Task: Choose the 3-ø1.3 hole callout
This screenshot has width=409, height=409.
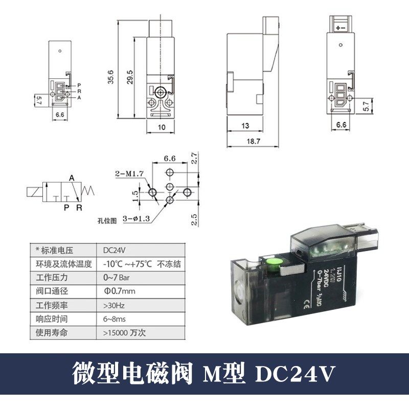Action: [137, 219]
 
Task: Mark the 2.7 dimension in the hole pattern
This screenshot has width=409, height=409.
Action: [193, 158]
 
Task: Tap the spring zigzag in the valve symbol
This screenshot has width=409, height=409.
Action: [89, 193]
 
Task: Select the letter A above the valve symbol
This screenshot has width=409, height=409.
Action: [72, 178]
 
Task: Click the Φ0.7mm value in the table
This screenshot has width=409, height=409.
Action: [120, 291]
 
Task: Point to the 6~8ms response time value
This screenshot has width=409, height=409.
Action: [114, 319]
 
